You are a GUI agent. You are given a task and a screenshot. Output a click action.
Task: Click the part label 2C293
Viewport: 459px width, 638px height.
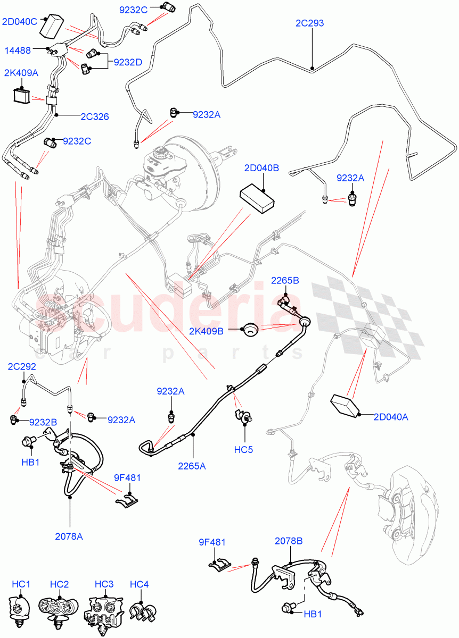pos(309,23)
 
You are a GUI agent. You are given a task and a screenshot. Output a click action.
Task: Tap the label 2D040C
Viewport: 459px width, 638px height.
pos(20,22)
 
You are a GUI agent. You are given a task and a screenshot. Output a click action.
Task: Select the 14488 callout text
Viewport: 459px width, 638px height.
pos(18,51)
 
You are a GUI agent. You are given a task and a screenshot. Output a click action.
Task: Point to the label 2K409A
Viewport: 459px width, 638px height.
pos(21,73)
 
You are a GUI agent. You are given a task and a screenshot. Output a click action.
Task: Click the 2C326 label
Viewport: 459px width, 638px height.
pos(95,116)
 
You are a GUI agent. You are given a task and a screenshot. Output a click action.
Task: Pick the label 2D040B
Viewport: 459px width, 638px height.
pos(261,168)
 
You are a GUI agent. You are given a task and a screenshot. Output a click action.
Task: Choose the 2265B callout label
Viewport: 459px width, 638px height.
pos(285,281)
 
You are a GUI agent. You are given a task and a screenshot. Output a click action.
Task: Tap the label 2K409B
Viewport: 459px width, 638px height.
pos(206,331)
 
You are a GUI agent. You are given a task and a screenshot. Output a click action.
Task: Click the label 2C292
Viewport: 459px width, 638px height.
pos(22,366)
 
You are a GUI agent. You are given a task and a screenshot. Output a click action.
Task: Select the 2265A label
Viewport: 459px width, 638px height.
pos(192,466)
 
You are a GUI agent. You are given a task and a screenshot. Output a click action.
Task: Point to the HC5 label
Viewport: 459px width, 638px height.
pos(243,449)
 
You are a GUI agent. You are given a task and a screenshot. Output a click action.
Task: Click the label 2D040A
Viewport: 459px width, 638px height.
pos(391,417)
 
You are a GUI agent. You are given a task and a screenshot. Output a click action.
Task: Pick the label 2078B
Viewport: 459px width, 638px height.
pos(289,541)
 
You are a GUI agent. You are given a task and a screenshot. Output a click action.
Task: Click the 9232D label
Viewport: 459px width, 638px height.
pos(128,62)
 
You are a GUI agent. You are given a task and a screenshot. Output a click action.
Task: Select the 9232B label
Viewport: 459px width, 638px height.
pos(43,422)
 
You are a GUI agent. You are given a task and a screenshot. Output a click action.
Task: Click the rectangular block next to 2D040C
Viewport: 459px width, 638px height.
pos(52,26)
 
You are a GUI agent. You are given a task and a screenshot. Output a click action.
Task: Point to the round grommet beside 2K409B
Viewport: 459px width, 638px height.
pos(251,329)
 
